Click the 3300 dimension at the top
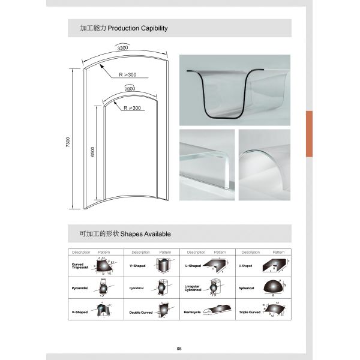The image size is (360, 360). (x=123, y=47)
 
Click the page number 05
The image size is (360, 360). (x=179, y=349)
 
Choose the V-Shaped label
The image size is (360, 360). (x=139, y=265)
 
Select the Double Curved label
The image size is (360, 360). (x=141, y=313)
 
